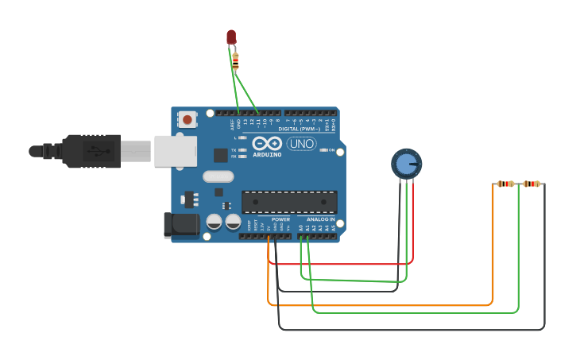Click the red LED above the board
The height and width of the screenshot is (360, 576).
(x=231, y=37)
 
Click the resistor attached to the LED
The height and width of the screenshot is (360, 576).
(x=235, y=60)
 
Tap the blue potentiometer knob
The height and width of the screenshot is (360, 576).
(x=406, y=164)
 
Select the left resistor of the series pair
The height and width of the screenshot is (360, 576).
(x=505, y=184)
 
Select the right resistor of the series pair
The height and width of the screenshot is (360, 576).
(x=532, y=184)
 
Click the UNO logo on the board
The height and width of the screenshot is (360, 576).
(x=301, y=144)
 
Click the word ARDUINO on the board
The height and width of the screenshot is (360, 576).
(x=267, y=155)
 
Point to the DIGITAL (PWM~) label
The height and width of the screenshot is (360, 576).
(x=299, y=129)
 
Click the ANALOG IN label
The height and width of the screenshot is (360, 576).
(x=321, y=219)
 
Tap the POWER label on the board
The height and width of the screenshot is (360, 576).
(x=280, y=219)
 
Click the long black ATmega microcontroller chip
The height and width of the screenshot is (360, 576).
(x=289, y=202)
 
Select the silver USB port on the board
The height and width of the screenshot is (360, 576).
(x=175, y=151)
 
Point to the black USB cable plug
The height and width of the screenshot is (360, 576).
(x=91, y=151)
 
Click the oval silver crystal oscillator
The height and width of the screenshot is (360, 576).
(x=218, y=176)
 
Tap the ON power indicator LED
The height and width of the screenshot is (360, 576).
(x=324, y=149)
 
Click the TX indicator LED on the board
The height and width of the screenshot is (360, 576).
(x=242, y=149)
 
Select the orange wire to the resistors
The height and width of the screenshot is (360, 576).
(x=381, y=304)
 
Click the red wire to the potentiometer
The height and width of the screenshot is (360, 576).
(x=342, y=263)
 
